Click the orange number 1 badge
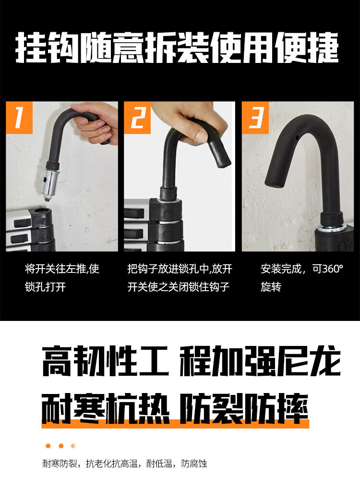click(19, 118)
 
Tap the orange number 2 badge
click(137, 118)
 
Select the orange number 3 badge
click(255, 118)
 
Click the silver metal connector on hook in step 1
click(50, 183)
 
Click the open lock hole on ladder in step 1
click(41, 212)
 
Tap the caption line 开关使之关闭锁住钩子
click(178, 287)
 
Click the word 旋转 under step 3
click(271, 287)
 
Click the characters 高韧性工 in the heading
click(106, 361)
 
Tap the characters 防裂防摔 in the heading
click(243, 409)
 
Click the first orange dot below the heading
click(48, 446)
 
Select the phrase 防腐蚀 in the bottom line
click(194, 464)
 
